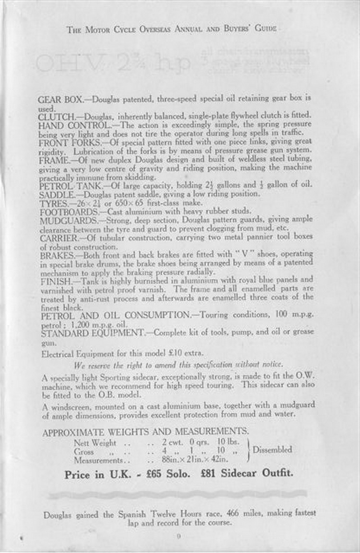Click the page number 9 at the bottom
(x=178, y=537)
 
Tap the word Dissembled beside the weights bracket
(x=272, y=450)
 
